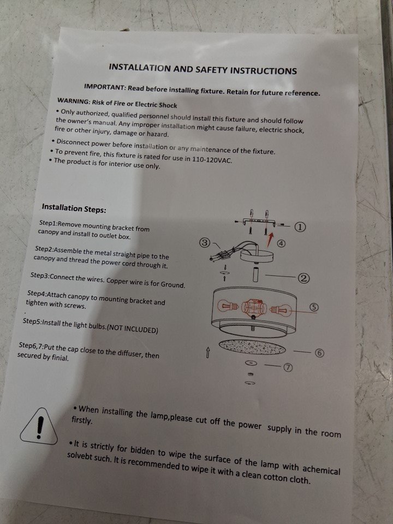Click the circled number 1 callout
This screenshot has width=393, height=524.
300,227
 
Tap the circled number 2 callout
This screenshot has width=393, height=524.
304,278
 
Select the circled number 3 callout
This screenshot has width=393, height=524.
205,242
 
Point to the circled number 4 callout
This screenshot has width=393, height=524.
282,243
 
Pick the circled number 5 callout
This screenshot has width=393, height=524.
313,307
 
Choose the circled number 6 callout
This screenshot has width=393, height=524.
319,353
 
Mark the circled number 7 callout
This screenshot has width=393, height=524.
288,367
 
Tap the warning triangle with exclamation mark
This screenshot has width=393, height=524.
39,426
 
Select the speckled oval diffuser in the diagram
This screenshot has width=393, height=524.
252,347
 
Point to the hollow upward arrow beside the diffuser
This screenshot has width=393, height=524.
207,352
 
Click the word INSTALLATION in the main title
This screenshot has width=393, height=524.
139,68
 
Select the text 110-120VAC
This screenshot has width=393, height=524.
212,159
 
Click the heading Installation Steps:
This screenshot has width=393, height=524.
74,209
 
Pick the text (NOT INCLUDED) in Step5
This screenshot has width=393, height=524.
132,328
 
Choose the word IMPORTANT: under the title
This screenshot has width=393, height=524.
105,87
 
